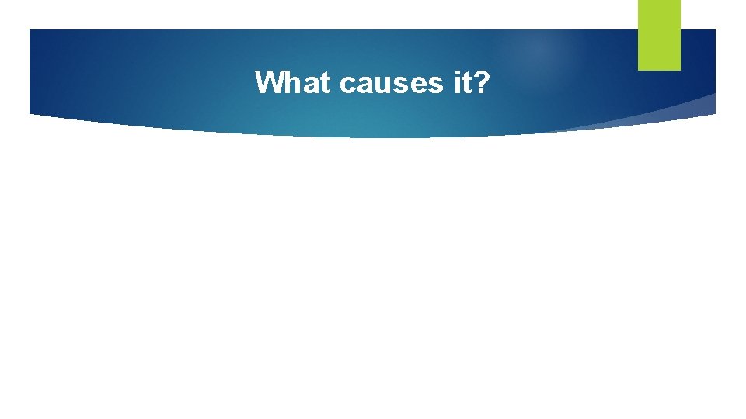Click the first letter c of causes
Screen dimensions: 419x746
point(347,85)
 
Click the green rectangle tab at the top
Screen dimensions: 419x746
point(659,35)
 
